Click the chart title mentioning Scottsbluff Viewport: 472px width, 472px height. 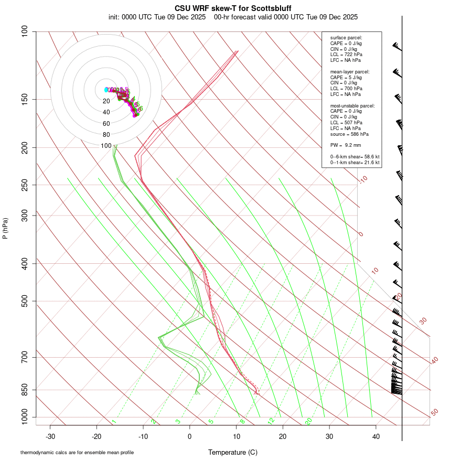tap(233, 8)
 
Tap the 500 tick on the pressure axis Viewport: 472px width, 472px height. tap(25, 301)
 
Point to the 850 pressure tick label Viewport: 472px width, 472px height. tap(25, 390)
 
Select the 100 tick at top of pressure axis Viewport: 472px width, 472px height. tap(25, 31)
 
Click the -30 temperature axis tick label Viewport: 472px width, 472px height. tap(50, 436)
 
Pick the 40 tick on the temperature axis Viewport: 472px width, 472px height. tap(376, 436)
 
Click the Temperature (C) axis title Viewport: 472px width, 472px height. tap(233, 452)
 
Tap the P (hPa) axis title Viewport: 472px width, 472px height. tap(5, 229)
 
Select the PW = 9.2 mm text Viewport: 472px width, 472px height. tap(346, 145)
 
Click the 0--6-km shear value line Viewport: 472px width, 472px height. tap(355, 156)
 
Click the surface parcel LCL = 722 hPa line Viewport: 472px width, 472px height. tap(346, 55)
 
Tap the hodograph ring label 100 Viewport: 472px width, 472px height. tap(106, 146)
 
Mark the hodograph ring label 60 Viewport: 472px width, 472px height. tap(106, 124)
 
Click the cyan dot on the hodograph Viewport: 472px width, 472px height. tap(106, 90)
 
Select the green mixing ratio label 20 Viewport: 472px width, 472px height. tap(308, 421)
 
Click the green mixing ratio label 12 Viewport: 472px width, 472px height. tap(271, 421)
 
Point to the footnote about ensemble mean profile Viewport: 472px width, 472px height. tap(77, 453)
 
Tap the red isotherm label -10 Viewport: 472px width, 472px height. tap(363, 179)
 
